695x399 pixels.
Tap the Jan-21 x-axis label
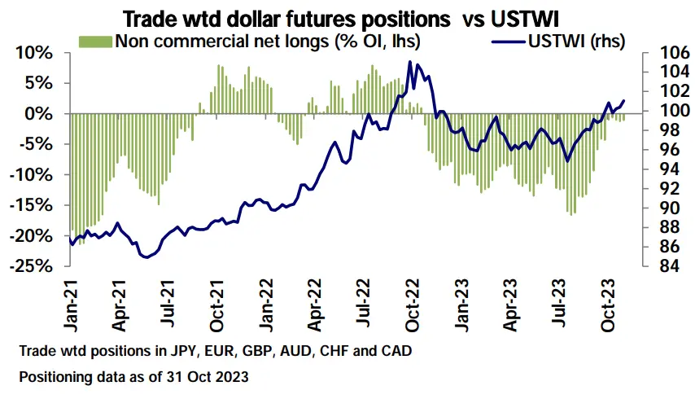pos(72,305)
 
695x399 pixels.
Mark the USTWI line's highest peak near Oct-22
pos(410,62)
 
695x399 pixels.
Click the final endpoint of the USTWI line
pos(623,101)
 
